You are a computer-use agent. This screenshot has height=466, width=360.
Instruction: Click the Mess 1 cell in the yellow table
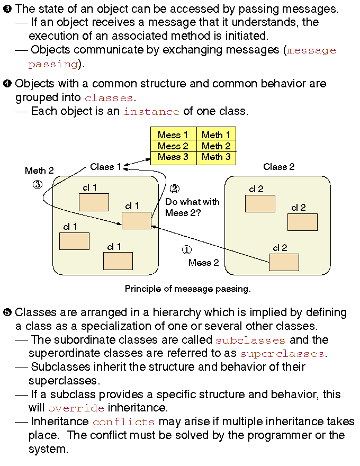coord(174,135)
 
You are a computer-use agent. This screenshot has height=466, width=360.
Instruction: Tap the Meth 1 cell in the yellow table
coord(216,135)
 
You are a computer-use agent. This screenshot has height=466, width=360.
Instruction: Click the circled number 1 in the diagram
coord(186,249)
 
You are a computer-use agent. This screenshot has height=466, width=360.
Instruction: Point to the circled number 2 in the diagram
coord(174,189)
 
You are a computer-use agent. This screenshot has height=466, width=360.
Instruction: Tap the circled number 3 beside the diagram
coord(38,185)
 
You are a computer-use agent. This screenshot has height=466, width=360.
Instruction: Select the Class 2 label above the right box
coord(278,167)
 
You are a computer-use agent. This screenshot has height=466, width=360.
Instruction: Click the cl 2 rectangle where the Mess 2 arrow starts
coord(284,262)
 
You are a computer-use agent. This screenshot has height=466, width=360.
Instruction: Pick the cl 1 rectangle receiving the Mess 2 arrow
coord(137,220)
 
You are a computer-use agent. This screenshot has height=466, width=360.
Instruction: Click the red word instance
coord(151,112)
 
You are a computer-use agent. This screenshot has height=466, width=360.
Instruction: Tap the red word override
coord(76,408)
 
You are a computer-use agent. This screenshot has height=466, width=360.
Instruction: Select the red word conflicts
coord(123,422)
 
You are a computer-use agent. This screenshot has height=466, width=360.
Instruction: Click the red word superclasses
coord(282,354)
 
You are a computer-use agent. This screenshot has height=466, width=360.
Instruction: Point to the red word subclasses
coord(250,340)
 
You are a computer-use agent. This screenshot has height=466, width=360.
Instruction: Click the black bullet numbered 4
coord(7,84)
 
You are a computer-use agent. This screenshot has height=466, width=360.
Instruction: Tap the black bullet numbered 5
coord(7,312)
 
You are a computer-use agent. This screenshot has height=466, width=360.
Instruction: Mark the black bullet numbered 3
coord(7,9)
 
